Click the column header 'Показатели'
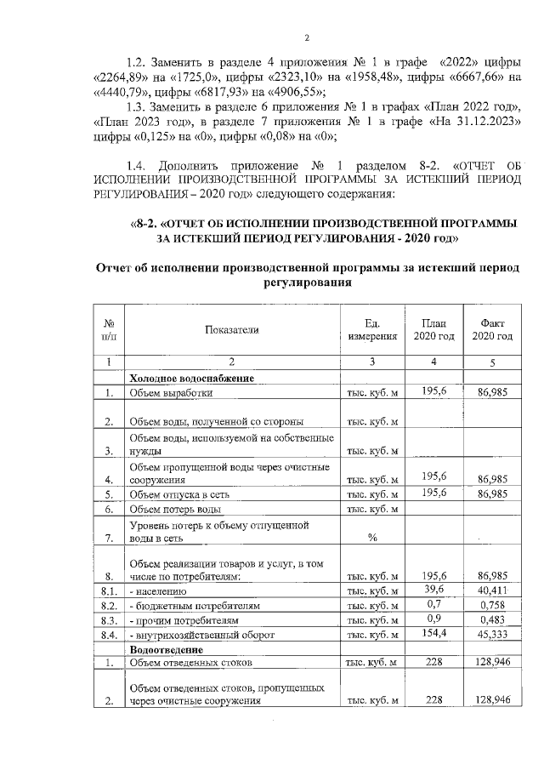pos(230,329)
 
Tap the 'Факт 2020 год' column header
pos(492,329)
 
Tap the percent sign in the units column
pos(371,538)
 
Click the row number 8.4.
pos(109,635)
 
